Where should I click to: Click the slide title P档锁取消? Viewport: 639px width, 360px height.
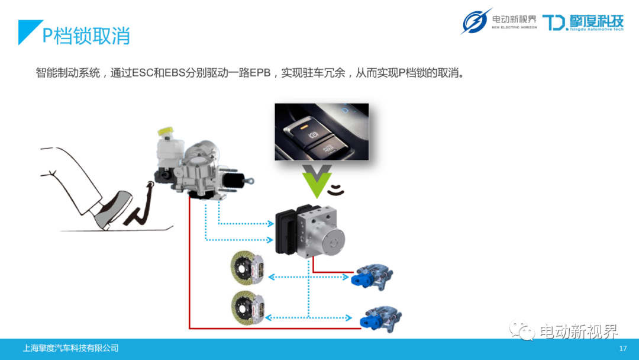[x=86, y=36]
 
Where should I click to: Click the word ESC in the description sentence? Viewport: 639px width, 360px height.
[x=142, y=73]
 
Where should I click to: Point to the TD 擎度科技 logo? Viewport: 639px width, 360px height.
[x=583, y=22]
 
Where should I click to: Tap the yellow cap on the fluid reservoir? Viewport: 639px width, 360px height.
[x=165, y=131]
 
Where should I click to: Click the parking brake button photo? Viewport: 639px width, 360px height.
[x=321, y=131]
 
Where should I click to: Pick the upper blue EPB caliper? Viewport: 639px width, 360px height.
[x=372, y=275]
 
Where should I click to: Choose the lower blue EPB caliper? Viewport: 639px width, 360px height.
[x=381, y=319]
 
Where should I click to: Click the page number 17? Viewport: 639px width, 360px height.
[x=622, y=348]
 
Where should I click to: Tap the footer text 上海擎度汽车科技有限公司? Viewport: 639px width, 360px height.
[x=70, y=348]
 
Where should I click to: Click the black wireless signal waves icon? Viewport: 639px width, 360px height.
[x=337, y=190]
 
